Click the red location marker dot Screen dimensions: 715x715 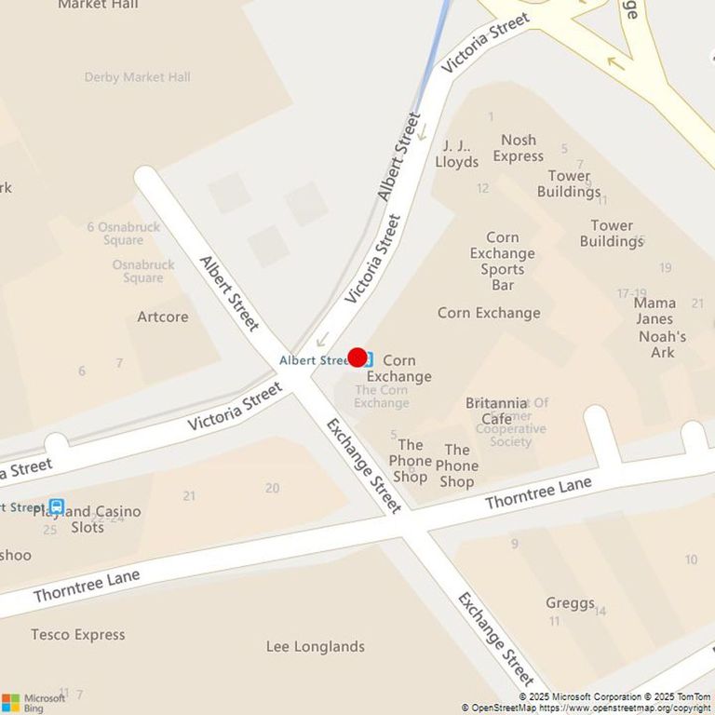(x=357, y=357)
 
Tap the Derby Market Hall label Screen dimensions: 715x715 (x=137, y=77)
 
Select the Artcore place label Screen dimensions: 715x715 (x=163, y=317)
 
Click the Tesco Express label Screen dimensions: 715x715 (x=77, y=635)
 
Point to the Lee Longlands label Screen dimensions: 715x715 (x=316, y=646)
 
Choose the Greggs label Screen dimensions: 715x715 (x=570, y=602)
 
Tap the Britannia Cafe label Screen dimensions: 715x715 (x=496, y=411)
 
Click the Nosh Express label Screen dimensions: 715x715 (x=519, y=148)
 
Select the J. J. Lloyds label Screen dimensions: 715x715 (x=456, y=154)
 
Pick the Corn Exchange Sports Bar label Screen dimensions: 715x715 (x=503, y=261)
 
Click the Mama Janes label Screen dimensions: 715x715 (x=654, y=311)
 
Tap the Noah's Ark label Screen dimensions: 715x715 (x=663, y=344)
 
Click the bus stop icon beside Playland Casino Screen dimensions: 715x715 (x=57, y=506)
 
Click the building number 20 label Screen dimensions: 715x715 (x=272, y=488)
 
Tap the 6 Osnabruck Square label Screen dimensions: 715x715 (x=123, y=234)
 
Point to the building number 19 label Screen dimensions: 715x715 (x=665, y=268)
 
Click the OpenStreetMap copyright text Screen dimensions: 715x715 (x=587, y=708)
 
